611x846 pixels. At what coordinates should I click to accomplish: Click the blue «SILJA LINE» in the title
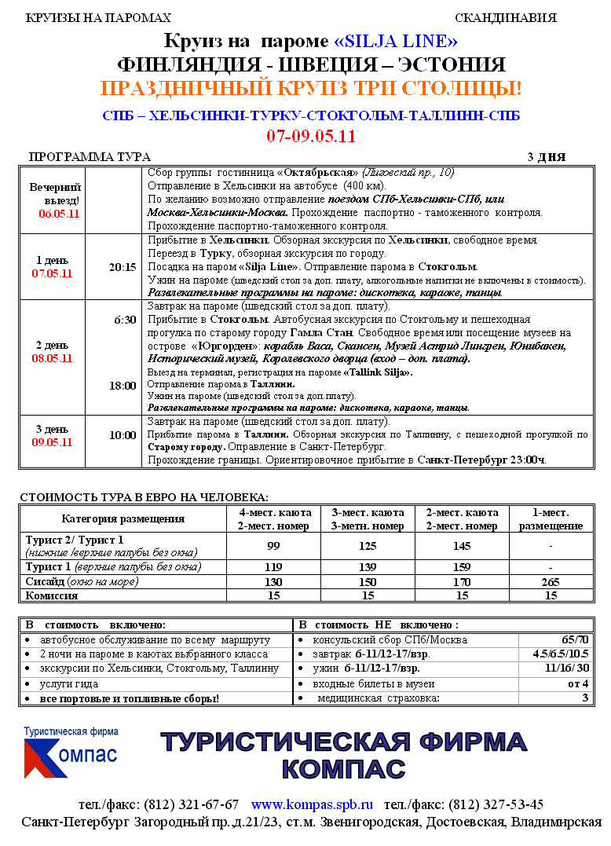[x=396, y=41]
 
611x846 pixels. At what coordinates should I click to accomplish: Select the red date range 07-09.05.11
[x=311, y=136]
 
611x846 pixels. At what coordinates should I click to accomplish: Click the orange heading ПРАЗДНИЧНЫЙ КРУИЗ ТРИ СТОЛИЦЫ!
[x=311, y=88]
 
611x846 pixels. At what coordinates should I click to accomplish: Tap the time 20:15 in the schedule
[x=123, y=267]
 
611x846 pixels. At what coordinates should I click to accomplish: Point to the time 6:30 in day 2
[x=125, y=320]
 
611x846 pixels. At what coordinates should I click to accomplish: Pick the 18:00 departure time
[x=123, y=386]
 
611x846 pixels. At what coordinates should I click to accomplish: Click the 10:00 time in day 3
[x=123, y=435]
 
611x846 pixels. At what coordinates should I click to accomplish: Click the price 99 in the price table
[x=273, y=545]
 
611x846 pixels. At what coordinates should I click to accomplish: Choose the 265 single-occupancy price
[x=550, y=581]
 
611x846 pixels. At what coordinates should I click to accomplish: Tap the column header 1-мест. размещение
[x=550, y=519]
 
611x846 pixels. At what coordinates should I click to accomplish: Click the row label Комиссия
[x=52, y=595]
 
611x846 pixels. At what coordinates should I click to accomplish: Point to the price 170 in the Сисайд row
[x=461, y=581]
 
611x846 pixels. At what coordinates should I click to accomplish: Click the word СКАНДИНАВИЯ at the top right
[x=505, y=18]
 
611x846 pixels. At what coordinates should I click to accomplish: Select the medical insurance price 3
[x=584, y=698]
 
